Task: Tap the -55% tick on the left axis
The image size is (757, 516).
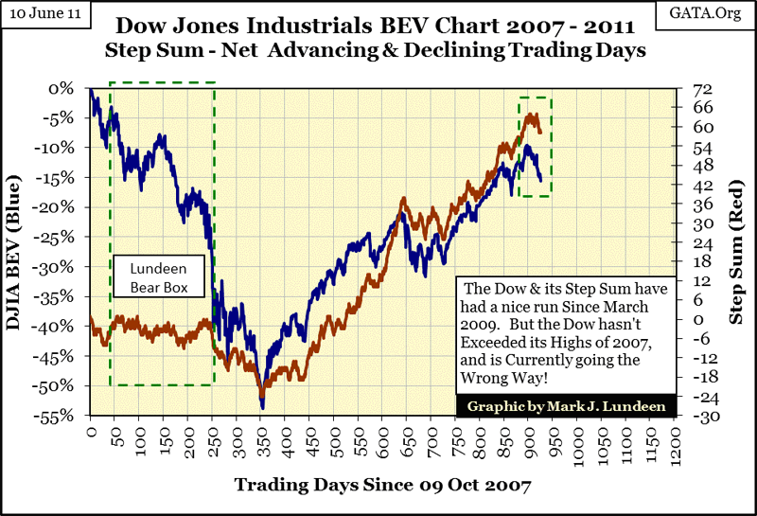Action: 58,416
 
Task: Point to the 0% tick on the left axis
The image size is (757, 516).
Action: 63,88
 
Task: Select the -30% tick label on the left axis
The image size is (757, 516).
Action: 58,267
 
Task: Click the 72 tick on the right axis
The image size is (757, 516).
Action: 700,88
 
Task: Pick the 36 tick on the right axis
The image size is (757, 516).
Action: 700,205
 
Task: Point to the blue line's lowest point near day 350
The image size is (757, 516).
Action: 262,408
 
